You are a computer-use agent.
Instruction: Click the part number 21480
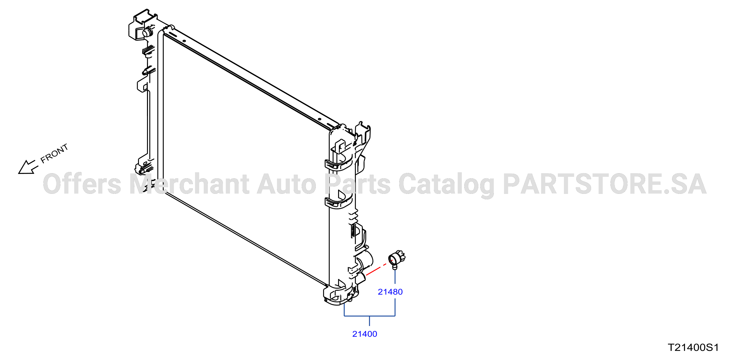coord(390,292)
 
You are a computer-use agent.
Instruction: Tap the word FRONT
coord(54,153)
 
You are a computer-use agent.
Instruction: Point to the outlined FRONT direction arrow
coord(28,167)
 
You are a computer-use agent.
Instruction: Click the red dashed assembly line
coord(379,268)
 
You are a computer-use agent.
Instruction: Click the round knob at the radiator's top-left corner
coord(147,32)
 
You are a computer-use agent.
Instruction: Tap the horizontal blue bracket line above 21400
coord(369,316)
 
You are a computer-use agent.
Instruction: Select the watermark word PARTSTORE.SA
coord(605,184)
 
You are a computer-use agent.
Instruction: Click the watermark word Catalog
coord(446,185)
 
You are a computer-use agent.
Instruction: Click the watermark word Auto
coord(287,184)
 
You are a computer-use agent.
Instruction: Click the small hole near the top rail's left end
coord(184,41)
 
